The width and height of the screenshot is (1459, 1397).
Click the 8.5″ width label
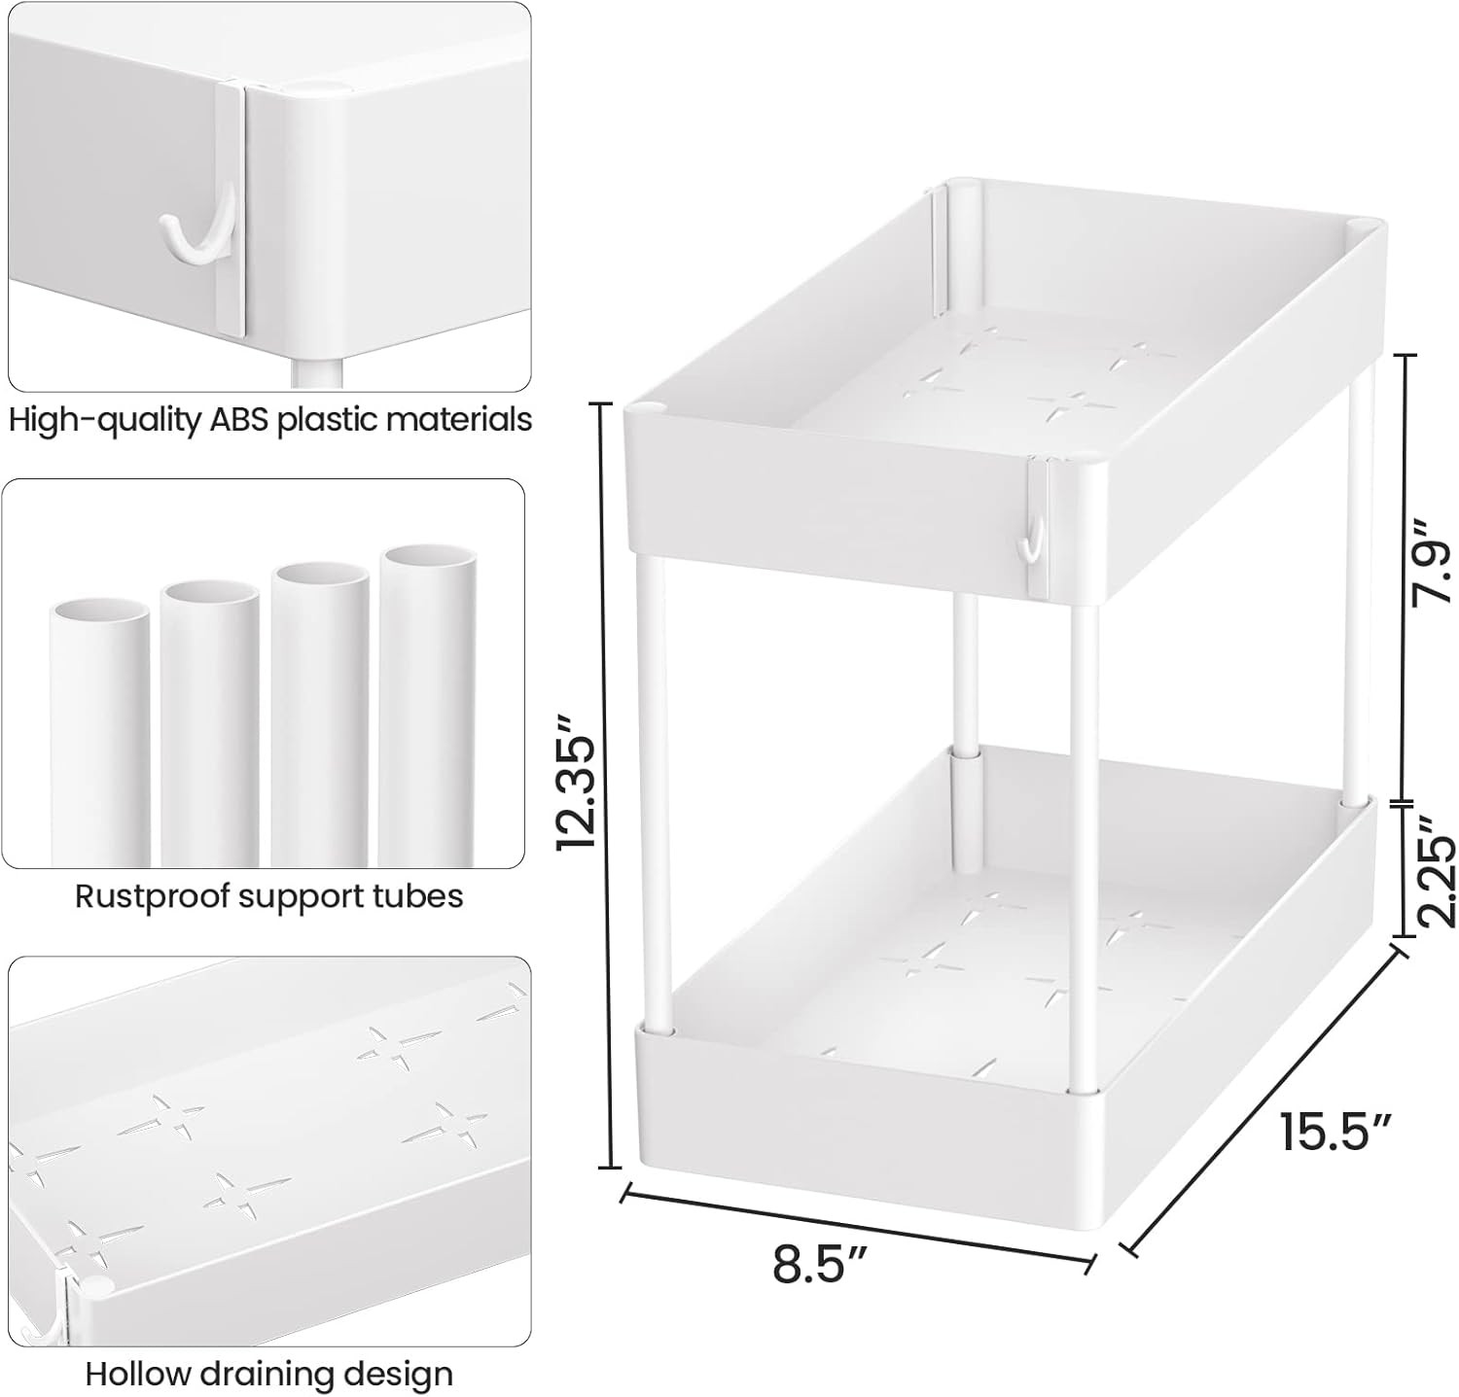coord(820,1264)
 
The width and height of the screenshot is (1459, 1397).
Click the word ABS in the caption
coord(243,420)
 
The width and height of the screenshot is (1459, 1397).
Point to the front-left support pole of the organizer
coord(651,797)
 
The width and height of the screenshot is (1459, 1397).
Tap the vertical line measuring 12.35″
coord(610,778)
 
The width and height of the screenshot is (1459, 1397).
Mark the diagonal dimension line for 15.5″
coord(1264,1094)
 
